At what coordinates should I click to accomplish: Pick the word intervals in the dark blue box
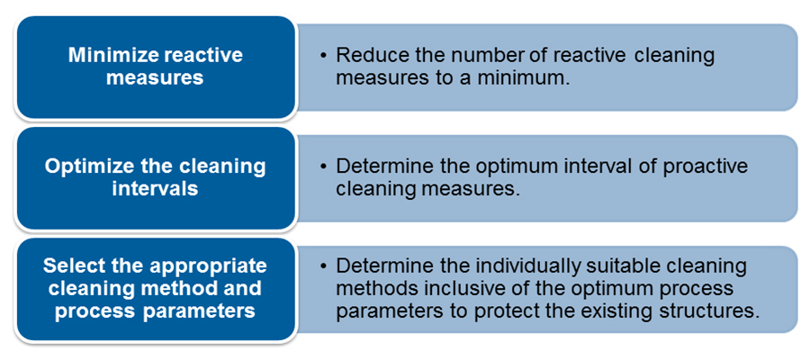(x=156, y=188)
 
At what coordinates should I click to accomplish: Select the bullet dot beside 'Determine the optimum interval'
(x=323, y=167)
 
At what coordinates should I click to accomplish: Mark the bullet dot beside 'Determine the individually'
(x=323, y=266)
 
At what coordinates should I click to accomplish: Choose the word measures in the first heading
(x=156, y=78)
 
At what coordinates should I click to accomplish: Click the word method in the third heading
(x=170, y=289)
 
